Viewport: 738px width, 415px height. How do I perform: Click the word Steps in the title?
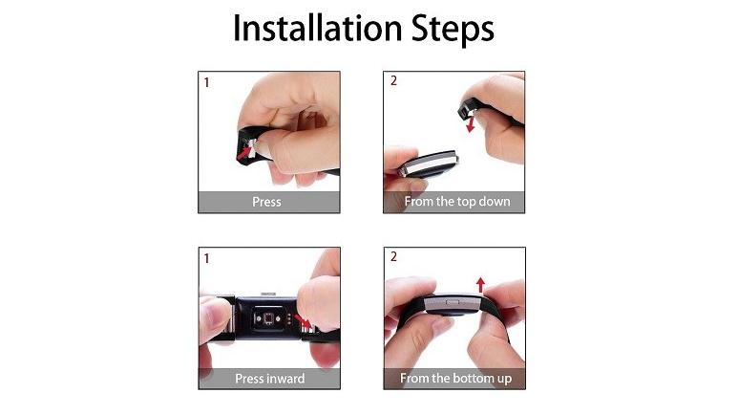(453, 30)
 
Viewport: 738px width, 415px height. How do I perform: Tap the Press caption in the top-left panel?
(266, 202)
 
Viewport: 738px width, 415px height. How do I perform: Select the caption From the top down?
(457, 202)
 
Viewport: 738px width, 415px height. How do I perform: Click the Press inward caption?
(269, 379)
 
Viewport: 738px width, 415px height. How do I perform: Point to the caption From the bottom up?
(455, 379)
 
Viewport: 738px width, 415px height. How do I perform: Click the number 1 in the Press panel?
(206, 82)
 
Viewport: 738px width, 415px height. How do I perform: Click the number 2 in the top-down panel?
(393, 80)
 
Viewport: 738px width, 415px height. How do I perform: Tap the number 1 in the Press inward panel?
(206, 258)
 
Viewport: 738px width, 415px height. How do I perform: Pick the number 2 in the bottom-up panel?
(393, 256)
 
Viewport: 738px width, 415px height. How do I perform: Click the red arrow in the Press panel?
(244, 152)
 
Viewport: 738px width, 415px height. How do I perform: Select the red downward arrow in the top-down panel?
(470, 124)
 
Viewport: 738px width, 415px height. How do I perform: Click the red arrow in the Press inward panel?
(304, 321)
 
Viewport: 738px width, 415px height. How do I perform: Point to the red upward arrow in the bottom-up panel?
(480, 285)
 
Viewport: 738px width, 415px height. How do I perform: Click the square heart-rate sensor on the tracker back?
(268, 319)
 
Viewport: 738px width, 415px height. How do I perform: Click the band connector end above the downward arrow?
(468, 110)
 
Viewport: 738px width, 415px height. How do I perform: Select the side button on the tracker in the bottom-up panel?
(453, 301)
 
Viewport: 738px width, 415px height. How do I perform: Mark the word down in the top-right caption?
(495, 202)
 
